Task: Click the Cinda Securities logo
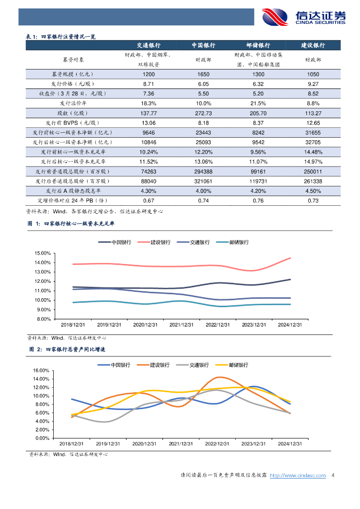[x=303, y=17]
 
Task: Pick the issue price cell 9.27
[x=313, y=84]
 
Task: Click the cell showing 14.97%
[x=313, y=162]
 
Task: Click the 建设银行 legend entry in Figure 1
[x=161, y=242]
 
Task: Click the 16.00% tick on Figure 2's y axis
[x=43, y=371]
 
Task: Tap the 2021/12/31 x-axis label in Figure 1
[x=181, y=325]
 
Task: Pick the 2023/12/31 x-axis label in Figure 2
[x=253, y=443]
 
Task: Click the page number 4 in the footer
[x=333, y=476]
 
